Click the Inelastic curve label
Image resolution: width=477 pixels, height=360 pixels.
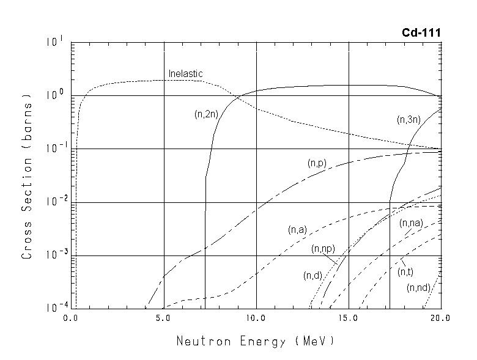click(185, 74)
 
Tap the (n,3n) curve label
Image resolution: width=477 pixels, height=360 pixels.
click(408, 120)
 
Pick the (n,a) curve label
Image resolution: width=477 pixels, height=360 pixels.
click(297, 230)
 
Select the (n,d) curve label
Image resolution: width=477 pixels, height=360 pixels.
click(312, 276)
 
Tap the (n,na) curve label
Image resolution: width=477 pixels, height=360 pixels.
click(410, 224)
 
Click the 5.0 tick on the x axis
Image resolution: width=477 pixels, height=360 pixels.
click(164, 318)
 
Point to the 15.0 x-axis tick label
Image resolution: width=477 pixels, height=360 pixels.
click(349, 318)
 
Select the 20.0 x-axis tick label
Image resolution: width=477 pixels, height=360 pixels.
click(440, 318)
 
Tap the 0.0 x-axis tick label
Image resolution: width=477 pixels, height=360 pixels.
click(72, 318)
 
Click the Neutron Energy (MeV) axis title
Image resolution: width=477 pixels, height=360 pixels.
click(255, 341)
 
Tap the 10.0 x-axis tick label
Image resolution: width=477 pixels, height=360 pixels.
click(256, 318)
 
